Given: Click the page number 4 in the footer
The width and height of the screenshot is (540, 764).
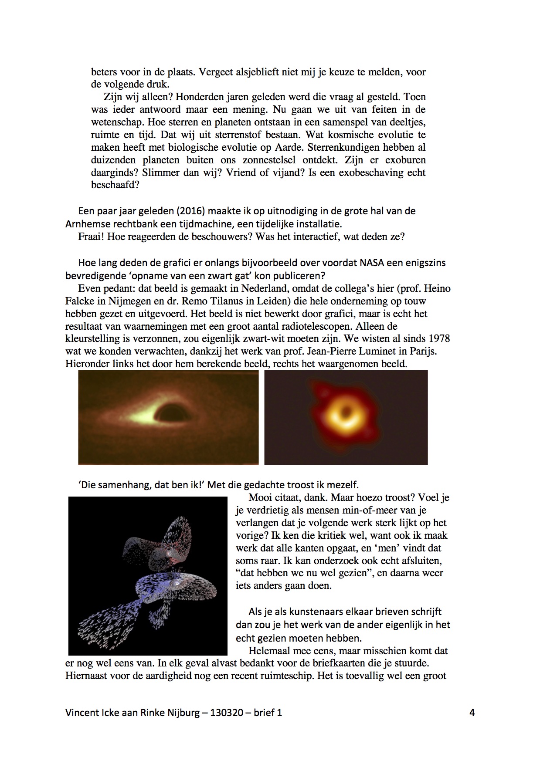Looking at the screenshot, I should pyautogui.click(x=472, y=713).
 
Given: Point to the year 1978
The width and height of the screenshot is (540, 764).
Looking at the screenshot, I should pyautogui.click(x=440, y=338).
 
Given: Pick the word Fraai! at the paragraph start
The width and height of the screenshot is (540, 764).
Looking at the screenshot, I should pyautogui.click(x=91, y=237).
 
